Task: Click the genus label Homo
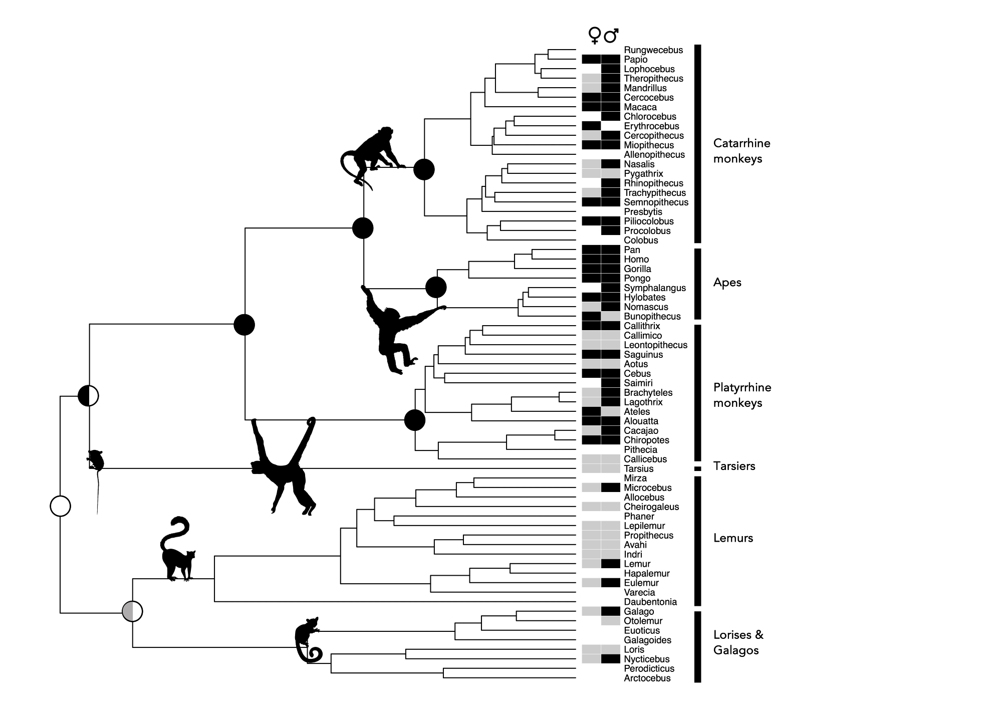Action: click(636, 260)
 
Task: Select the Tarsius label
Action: click(638, 469)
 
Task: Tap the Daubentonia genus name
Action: click(650, 602)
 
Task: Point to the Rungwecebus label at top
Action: click(653, 50)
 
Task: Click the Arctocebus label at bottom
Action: click(647, 678)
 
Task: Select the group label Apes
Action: click(727, 283)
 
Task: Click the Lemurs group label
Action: click(733, 538)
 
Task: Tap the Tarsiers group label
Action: click(734, 466)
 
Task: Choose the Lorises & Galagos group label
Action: click(738, 642)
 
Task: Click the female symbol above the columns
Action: click(595, 36)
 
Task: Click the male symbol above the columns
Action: click(611, 36)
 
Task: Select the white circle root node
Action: click(60, 506)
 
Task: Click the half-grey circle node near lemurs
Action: click(132, 611)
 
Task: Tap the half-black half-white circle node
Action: click(89, 396)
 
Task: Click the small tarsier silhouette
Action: click(95, 461)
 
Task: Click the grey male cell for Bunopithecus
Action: click(611, 317)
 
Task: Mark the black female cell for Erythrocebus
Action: click(591, 126)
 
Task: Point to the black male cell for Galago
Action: click(611, 612)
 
